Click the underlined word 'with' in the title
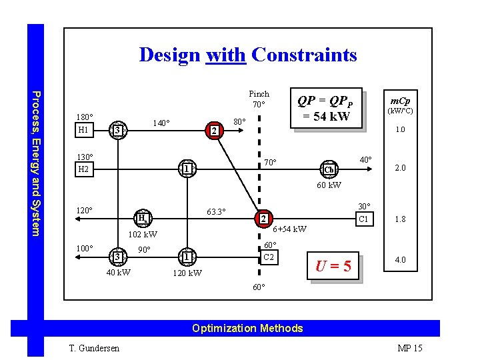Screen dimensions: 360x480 [227, 55]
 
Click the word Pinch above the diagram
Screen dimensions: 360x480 [259, 94]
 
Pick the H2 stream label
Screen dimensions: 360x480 [83, 170]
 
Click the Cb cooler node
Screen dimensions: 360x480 [329, 168]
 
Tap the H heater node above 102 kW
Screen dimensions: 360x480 [143, 218]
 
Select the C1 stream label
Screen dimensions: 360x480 [364, 219]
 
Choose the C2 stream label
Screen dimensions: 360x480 [268, 257]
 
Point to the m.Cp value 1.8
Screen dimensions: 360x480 [400, 219]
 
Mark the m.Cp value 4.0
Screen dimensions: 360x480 [400, 260]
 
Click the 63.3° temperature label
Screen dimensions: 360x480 [215, 213]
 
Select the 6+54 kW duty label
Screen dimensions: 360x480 [290, 229]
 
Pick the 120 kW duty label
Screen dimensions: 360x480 [187, 273]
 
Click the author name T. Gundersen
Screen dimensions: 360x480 [93, 347]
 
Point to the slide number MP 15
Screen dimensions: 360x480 [409, 347]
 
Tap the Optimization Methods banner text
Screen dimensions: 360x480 [247, 328]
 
